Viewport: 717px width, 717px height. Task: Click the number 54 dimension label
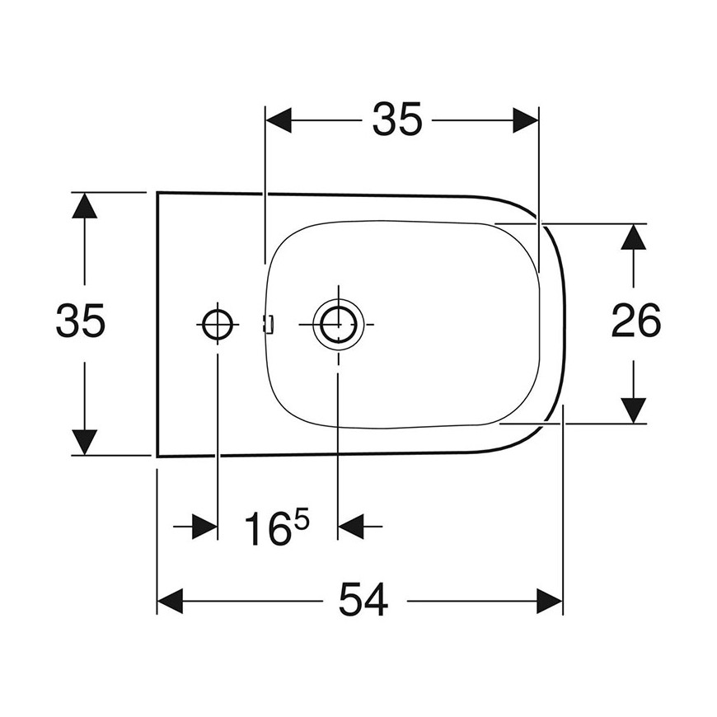(x=363, y=600)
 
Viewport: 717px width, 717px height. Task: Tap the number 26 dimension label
(x=635, y=321)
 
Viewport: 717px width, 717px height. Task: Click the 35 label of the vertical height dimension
(x=81, y=321)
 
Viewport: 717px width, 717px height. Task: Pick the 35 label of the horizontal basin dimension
(x=397, y=119)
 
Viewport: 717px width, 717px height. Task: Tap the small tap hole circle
(x=218, y=324)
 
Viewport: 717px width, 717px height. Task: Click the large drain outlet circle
(x=338, y=324)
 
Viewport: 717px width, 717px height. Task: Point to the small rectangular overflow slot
(x=269, y=324)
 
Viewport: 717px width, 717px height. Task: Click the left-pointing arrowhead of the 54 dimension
(x=170, y=601)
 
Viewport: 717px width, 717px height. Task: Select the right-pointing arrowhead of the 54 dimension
(x=550, y=601)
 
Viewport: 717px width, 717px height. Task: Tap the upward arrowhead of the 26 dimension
(x=633, y=237)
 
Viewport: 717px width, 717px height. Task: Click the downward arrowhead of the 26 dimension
(x=633, y=410)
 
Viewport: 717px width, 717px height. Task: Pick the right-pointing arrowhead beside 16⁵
(x=204, y=527)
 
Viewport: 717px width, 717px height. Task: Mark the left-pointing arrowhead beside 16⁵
(x=351, y=527)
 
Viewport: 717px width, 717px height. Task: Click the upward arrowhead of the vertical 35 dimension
(x=85, y=205)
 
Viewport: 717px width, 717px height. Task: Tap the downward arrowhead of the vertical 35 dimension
(x=85, y=443)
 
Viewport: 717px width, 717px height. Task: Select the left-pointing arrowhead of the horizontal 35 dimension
(x=279, y=120)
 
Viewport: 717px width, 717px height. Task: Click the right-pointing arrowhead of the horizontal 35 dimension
(x=526, y=120)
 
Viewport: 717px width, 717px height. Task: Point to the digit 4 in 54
(x=377, y=600)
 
